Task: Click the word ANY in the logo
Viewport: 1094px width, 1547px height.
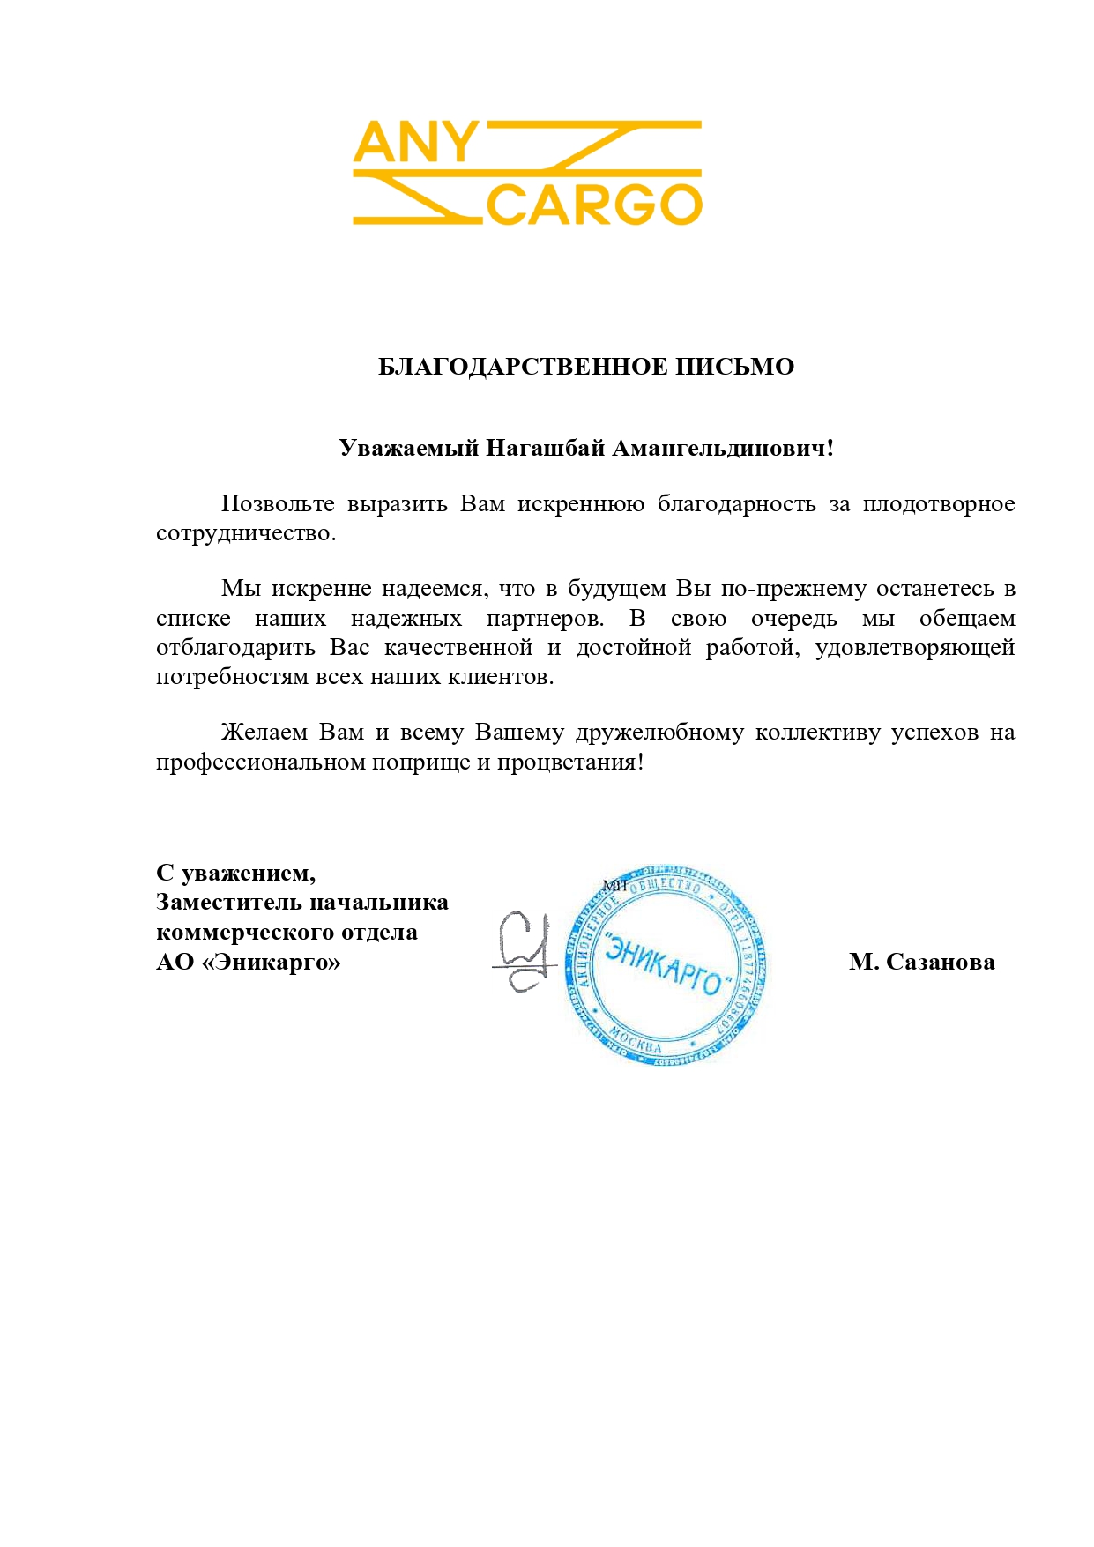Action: (x=414, y=143)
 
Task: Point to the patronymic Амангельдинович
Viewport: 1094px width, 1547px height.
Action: (x=722, y=448)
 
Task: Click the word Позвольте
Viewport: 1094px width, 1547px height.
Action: (x=278, y=503)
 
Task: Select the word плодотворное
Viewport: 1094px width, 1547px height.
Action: (x=938, y=503)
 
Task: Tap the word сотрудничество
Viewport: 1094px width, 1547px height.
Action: (x=245, y=533)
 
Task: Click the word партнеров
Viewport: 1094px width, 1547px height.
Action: (x=544, y=618)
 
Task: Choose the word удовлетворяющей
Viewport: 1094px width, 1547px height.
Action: (x=914, y=648)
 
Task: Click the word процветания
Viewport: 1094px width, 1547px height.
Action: (x=569, y=762)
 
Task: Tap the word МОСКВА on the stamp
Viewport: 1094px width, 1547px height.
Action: (x=636, y=1042)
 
